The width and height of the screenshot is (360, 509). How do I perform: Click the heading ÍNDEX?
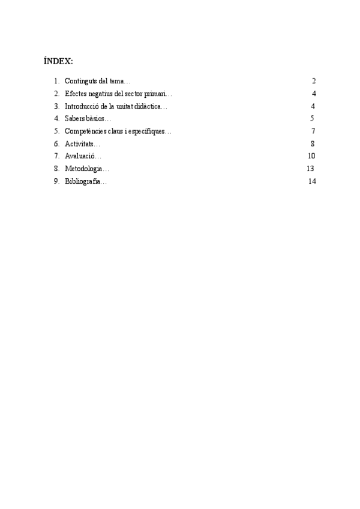coord(58,61)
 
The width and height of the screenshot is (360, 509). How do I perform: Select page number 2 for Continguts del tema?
coord(313,81)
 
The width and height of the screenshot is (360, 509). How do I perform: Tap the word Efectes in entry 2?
coord(76,94)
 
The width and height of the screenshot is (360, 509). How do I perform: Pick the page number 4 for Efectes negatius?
coord(314,94)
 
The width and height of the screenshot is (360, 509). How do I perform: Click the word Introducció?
coord(83,106)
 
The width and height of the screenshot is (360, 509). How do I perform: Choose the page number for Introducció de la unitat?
coord(314,106)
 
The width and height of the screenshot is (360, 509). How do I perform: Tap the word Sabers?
coord(74,119)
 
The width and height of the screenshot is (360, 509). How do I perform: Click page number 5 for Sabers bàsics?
coord(312,119)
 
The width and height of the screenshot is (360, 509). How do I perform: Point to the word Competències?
coord(86,131)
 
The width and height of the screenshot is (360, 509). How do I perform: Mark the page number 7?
coord(313,131)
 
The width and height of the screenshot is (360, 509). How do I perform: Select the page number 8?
coord(313,144)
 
